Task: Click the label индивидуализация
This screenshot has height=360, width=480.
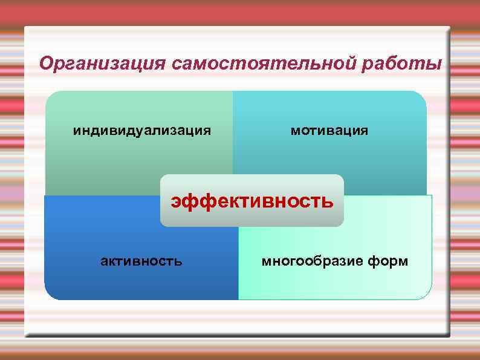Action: point(142,130)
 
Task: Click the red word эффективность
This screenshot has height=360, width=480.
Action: point(251,200)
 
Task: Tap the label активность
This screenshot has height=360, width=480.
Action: point(141,261)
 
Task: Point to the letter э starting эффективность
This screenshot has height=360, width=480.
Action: point(175,201)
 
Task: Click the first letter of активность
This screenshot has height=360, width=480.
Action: point(103,261)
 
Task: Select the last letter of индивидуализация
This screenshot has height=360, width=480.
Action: point(207,131)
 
